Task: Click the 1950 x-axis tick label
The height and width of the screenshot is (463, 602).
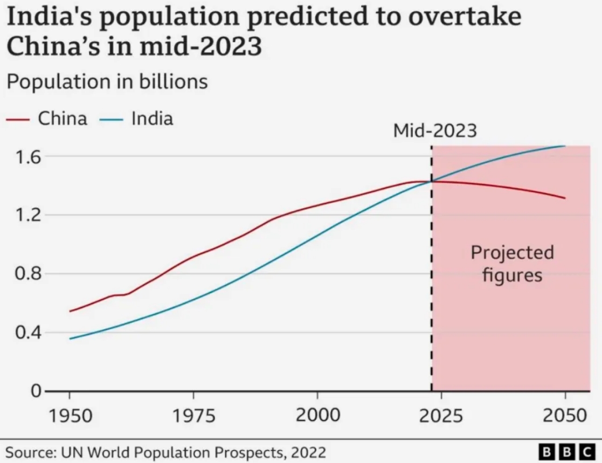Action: (70, 416)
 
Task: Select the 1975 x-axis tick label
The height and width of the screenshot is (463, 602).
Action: (193, 416)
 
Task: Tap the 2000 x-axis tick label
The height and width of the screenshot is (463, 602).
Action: (317, 416)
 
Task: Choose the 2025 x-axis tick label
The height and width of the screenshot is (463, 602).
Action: (441, 416)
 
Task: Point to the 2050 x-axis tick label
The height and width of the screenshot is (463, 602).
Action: (565, 416)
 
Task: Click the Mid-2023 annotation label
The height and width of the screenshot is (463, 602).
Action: (435, 131)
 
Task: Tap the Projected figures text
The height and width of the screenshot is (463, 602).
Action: (511, 264)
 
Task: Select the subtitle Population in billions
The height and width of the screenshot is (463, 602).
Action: (107, 82)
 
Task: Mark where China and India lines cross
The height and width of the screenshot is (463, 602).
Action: (431, 181)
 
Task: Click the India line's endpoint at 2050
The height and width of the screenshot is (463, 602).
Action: (565, 146)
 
